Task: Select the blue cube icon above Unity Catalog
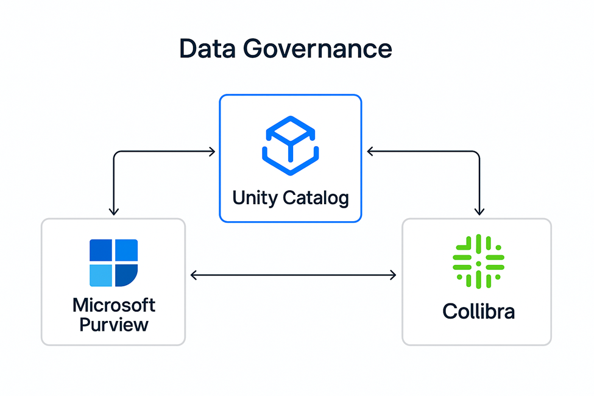[290, 143]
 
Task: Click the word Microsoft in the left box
[114, 305]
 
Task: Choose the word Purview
[114, 324]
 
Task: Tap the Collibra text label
[478, 311]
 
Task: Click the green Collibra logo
[478, 261]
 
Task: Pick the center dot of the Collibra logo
[478, 264]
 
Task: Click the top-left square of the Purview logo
[101, 250]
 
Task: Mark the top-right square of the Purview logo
[126, 250]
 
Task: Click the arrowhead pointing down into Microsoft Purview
[113, 211]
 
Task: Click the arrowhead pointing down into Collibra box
[479, 211]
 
